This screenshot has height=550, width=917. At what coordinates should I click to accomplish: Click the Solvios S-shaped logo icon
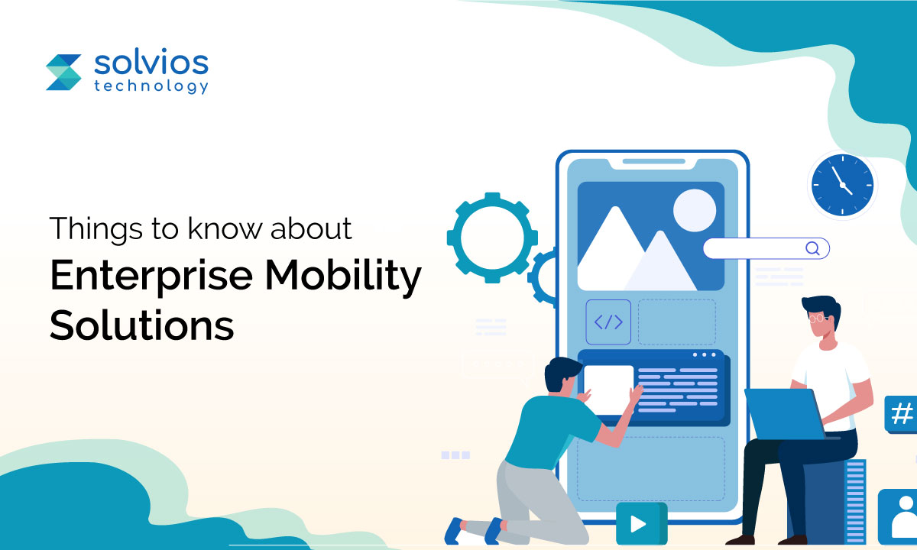[x=63, y=72]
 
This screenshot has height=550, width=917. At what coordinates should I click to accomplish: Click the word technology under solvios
[x=151, y=86]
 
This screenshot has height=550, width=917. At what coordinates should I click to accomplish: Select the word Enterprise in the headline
[x=151, y=276]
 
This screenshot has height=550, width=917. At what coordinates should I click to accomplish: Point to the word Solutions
[x=141, y=325]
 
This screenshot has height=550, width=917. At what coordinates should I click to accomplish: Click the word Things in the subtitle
[x=96, y=228]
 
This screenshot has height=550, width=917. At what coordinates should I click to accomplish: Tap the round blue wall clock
[x=842, y=185]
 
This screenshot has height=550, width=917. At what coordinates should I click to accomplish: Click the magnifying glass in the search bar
[x=812, y=248]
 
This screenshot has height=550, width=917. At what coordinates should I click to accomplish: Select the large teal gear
[x=492, y=238]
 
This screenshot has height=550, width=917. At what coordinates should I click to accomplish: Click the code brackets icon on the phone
[x=608, y=322]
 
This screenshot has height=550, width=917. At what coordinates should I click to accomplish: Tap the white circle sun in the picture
[x=695, y=210]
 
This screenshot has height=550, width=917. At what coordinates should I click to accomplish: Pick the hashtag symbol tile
[x=901, y=414]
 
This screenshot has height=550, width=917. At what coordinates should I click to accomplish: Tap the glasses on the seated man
[x=817, y=318]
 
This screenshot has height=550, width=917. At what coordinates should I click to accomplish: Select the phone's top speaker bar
[x=654, y=161]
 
